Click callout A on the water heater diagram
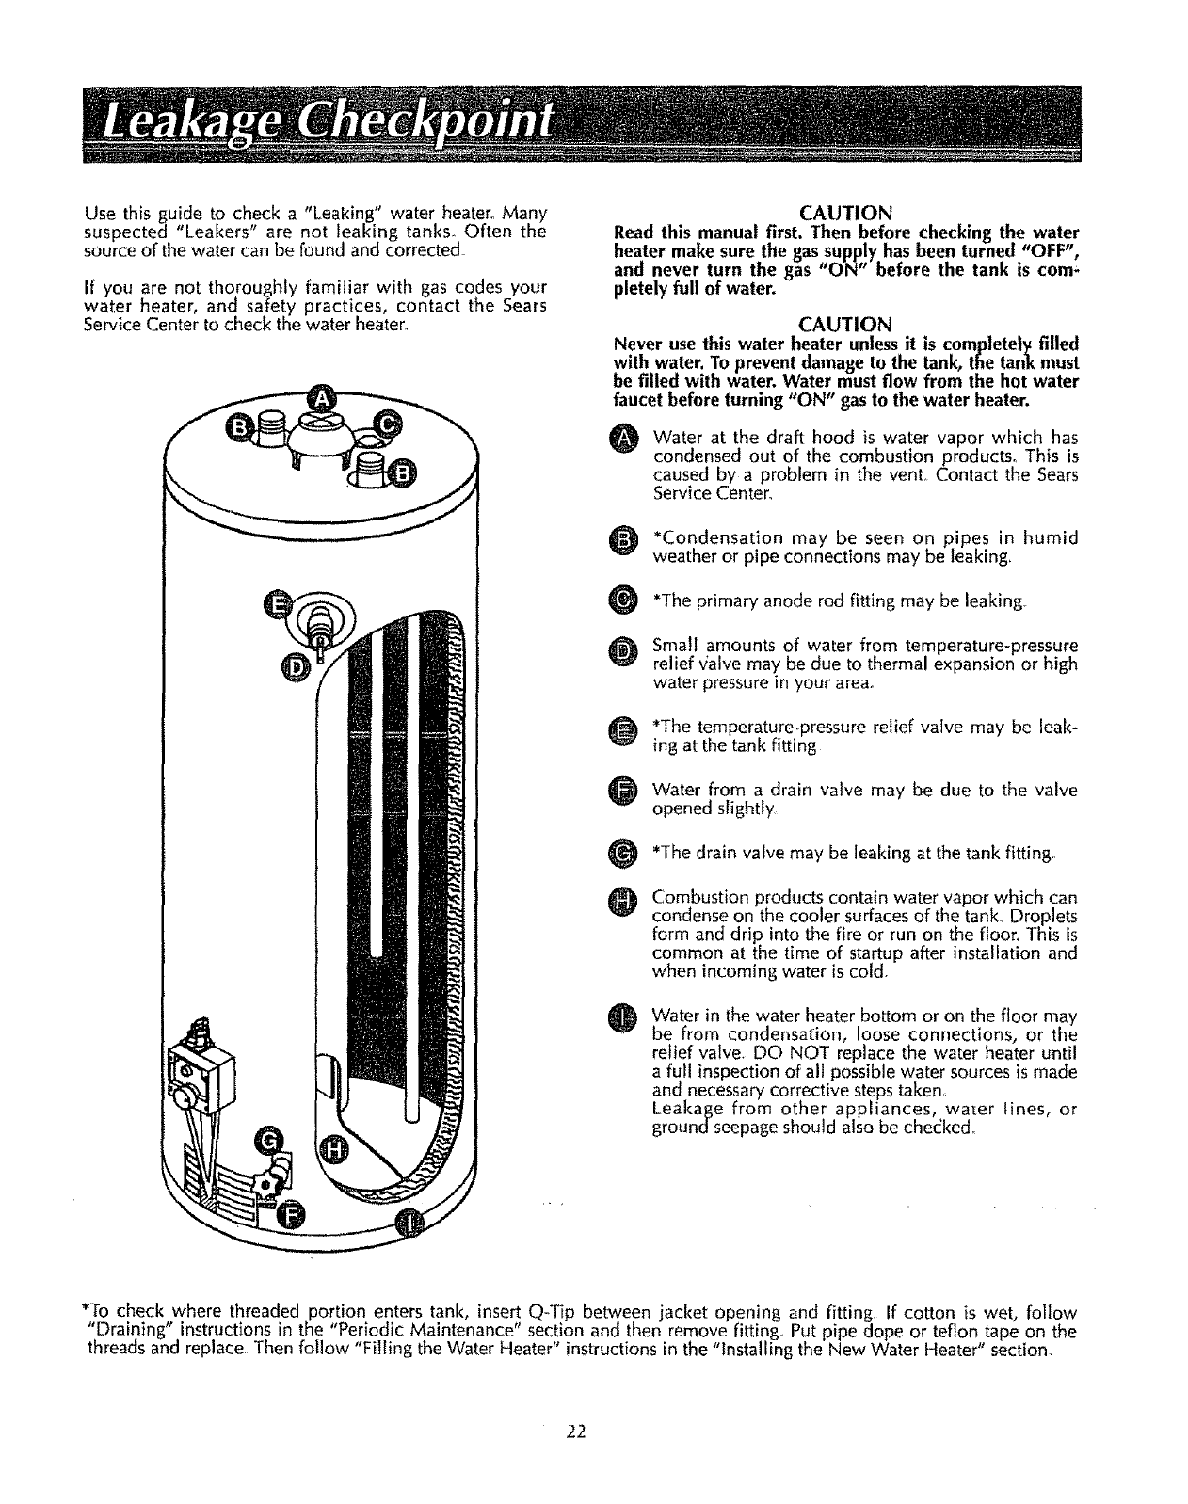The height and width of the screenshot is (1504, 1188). pos(322,399)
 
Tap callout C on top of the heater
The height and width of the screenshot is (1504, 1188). pos(387,424)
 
